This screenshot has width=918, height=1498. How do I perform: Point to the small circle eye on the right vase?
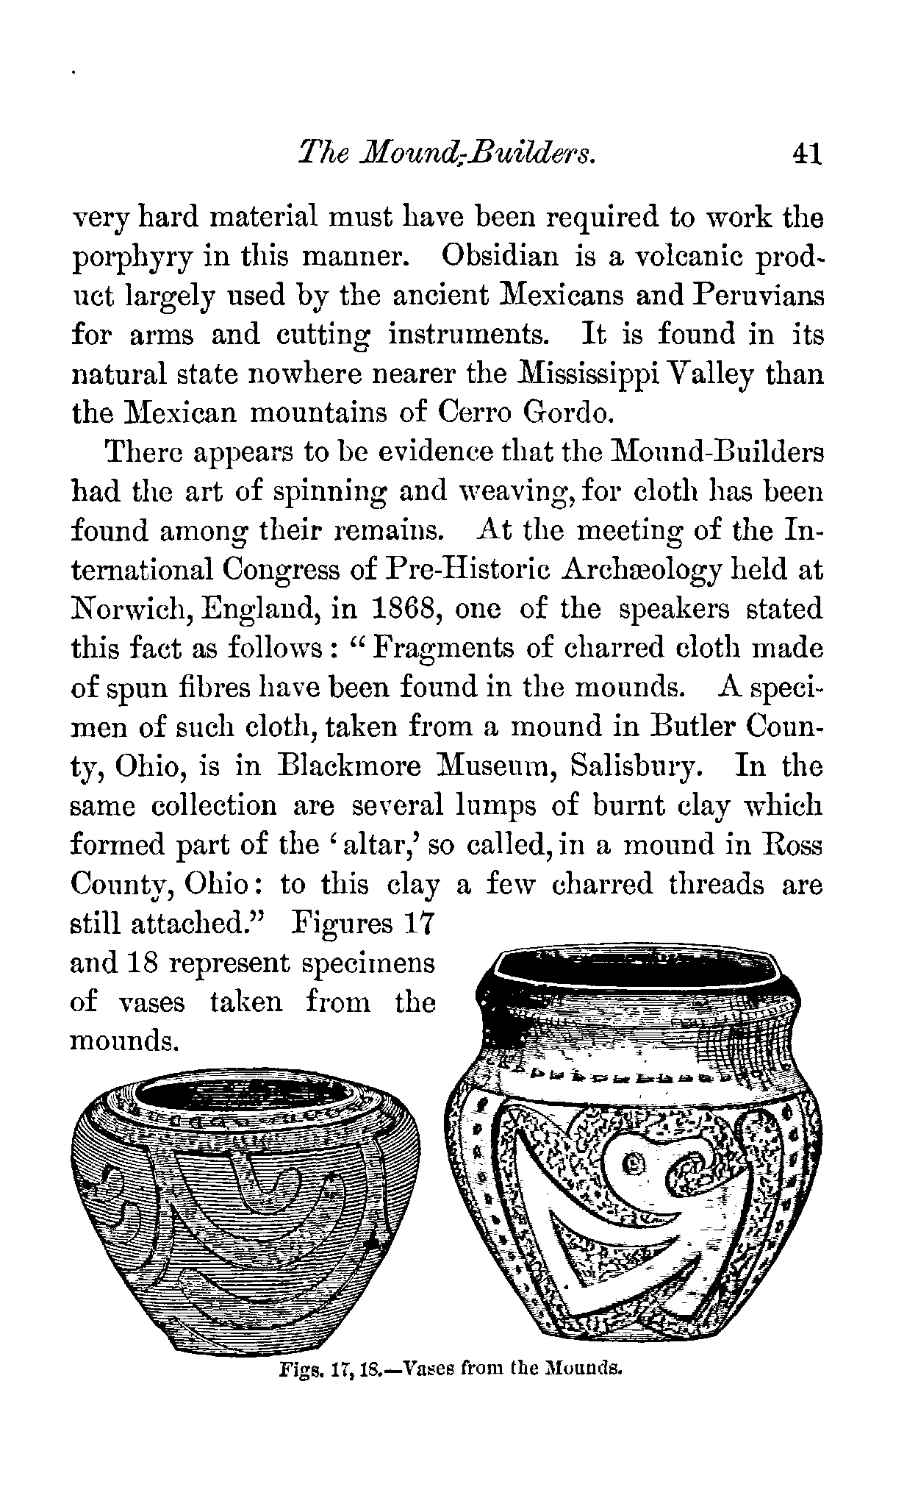click(x=633, y=1163)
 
